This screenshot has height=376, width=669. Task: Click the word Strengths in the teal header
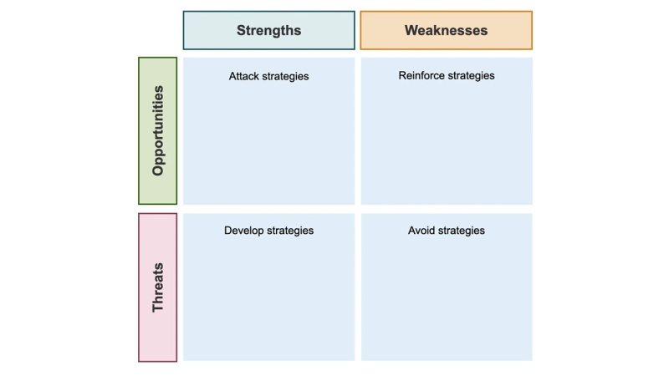(x=268, y=30)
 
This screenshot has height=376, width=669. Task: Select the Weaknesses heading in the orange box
(x=446, y=30)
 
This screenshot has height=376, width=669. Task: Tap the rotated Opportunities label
(x=158, y=131)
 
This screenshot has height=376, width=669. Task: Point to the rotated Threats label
(x=158, y=287)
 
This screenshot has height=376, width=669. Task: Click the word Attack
(x=244, y=76)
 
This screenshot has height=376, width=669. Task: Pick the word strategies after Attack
(x=285, y=76)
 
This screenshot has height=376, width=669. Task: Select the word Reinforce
(x=422, y=75)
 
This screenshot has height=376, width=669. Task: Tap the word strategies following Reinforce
(x=472, y=76)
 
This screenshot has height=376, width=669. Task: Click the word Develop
(x=244, y=231)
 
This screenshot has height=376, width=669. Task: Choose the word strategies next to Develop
(x=290, y=231)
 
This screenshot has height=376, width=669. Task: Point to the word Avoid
(x=421, y=231)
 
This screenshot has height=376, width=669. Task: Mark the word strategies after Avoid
(x=462, y=231)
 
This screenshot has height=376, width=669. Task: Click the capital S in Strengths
(x=242, y=30)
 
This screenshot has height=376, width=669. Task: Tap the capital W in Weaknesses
(x=411, y=30)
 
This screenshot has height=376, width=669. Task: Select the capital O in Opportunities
(x=158, y=170)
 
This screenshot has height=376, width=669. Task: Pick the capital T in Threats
(x=158, y=307)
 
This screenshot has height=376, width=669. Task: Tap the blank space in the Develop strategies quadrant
(x=268, y=298)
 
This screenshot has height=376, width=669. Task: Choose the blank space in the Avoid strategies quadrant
(x=447, y=298)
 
